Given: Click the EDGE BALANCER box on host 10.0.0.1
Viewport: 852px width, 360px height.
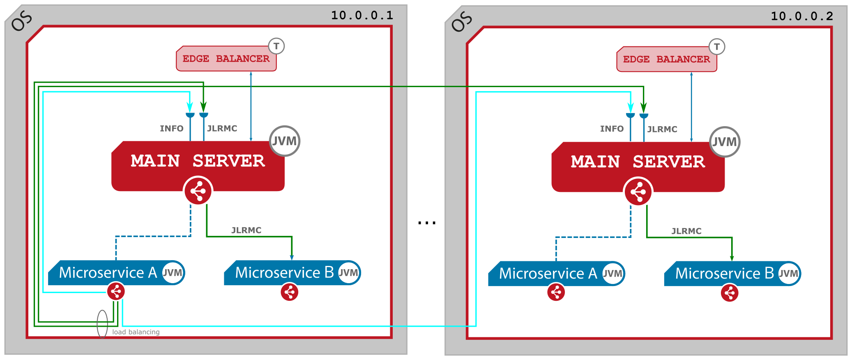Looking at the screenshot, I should click(226, 59).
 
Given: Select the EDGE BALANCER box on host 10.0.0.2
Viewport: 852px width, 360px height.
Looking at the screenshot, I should click(666, 60).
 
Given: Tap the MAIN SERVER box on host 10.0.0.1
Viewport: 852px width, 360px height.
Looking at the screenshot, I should click(198, 161).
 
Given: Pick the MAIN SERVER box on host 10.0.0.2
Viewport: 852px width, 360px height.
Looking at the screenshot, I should click(638, 162).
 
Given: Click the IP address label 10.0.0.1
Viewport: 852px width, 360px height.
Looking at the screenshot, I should click(362, 16).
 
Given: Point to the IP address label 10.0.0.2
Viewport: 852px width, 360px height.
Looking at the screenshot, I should click(802, 16).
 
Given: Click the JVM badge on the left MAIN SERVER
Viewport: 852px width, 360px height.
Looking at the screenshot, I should click(285, 141).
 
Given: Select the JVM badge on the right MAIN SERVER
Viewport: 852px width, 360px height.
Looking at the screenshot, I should click(725, 142).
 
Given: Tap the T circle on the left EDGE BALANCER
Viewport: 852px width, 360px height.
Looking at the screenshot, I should click(276, 46).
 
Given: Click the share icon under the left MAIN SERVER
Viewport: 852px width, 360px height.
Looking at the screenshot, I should click(198, 191).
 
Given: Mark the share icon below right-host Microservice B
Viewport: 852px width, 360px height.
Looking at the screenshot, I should click(730, 293).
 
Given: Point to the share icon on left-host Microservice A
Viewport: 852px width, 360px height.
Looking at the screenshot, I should click(116, 291).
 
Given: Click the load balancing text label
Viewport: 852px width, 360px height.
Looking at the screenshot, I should click(136, 332).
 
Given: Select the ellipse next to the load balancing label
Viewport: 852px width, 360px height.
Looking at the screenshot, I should click(102, 324).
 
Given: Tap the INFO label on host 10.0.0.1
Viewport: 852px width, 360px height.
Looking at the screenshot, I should click(172, 129).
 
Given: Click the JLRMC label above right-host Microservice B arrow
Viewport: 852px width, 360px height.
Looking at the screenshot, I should click(686, 231).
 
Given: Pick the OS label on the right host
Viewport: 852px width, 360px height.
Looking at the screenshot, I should click(462, 21).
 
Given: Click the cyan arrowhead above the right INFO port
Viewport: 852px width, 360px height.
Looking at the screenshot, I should click(630, 108).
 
